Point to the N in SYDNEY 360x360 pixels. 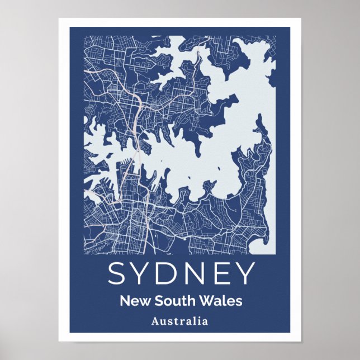coord(198,273)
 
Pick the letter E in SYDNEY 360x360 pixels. coord(222,273)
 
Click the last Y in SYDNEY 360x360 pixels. coord(244,273)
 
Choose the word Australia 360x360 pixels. coord(179,321)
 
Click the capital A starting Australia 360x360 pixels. coord(154,321)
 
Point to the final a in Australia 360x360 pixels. coord(205,322)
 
